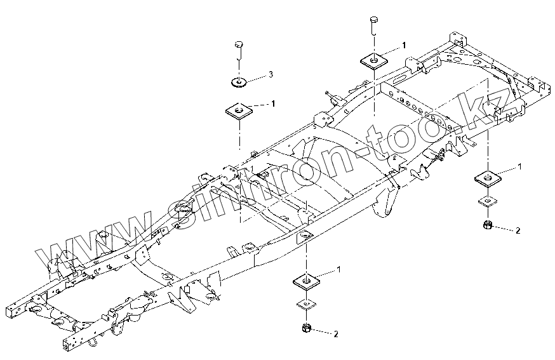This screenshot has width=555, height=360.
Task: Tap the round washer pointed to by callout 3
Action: click(x=239, y=83)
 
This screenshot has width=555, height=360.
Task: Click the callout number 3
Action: click(x=271, y=74)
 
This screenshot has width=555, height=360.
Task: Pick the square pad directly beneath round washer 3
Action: click(x=239, y=111)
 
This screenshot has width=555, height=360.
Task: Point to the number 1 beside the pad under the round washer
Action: click(x=273, y=103)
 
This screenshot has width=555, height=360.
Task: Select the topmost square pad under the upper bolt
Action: click(x=374, y=60)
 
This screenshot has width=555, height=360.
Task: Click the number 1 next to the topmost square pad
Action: click(x=403, y=45)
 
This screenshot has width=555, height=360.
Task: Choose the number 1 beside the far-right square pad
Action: click(x=520, y=166)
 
